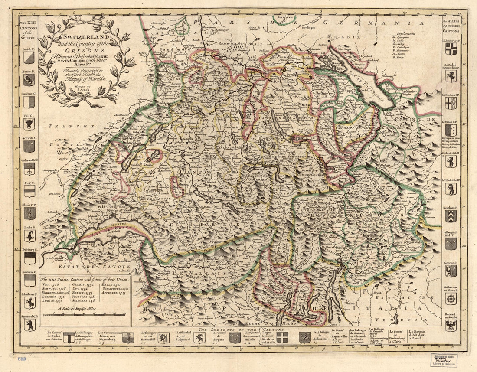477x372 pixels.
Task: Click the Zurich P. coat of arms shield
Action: coord(29,58)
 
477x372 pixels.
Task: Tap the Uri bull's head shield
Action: coord(29,124)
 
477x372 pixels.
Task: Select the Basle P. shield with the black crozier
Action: coord(29,236)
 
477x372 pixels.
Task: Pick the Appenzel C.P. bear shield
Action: coord(29,325)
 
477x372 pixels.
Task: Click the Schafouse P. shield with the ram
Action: coord(29,303)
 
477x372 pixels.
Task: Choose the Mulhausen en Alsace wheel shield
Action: coord(451,299)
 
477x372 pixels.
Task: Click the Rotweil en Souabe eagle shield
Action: coord(451,325)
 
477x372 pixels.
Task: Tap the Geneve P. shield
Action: coord(451,271)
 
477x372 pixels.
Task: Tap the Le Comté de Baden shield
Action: coord(69,337)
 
